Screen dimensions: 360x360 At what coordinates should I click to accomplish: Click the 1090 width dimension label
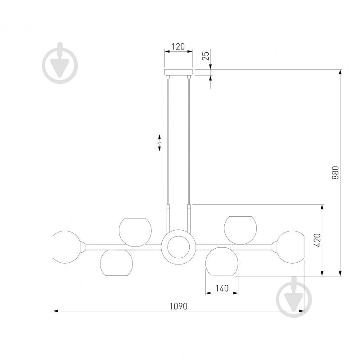click(x=178, y=306)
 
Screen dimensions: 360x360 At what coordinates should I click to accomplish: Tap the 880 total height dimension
click(x=335, y=173)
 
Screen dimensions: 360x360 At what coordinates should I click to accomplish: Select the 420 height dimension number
click(x=317, y=240)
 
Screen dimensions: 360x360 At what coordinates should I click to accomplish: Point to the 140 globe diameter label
click(x=222, y=288)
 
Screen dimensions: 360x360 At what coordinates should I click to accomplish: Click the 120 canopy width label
click(x=178, y=46)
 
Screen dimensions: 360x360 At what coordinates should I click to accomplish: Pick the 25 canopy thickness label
click(x=206, y=56)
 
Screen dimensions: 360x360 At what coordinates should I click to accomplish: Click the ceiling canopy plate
click(x=178, y=72)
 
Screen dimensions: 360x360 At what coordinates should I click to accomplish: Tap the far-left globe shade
click(x=66, y=247)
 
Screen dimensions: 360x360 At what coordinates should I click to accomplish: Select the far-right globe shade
click(x=291, y=247)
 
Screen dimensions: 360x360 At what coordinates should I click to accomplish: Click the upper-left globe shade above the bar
click(x=135, y=232)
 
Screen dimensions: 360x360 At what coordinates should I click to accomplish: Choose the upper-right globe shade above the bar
click(x=241, y=230)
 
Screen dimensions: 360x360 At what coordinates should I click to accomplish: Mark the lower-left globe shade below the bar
click(x=116, y=263)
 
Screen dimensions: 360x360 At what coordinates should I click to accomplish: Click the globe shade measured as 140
click(x=222, y=261)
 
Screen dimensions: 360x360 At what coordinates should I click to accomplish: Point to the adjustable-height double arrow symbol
click(x=159, y=142)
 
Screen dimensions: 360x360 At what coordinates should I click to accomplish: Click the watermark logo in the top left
click(x=60, y=63)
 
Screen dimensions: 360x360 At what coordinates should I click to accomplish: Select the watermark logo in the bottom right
click(x=294, y=297)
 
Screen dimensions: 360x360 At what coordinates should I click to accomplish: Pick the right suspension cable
click(x=189, y=141)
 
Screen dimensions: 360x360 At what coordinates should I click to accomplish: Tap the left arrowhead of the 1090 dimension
click(x=55, y=311)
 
